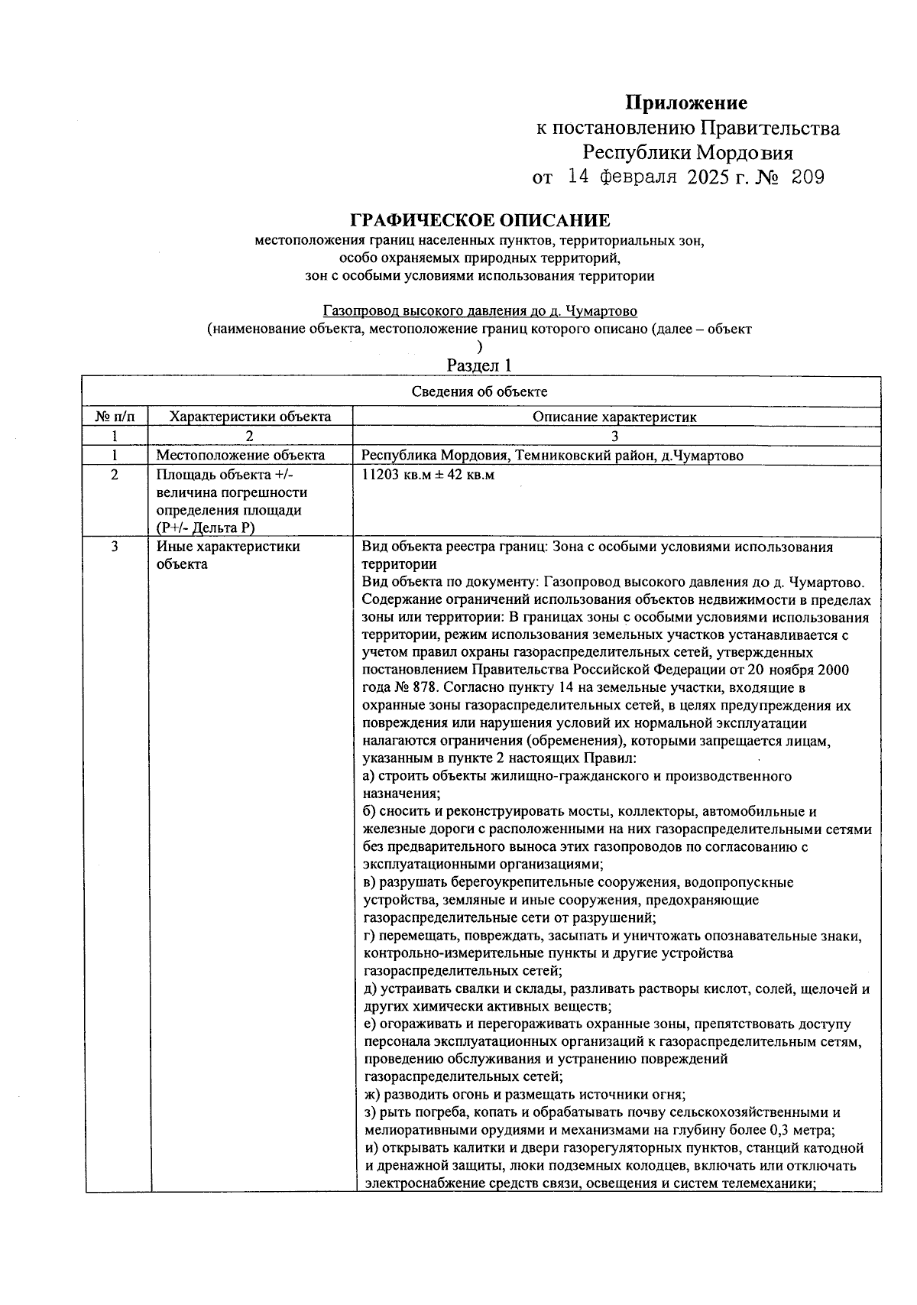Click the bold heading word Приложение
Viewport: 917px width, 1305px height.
click(x=686, y=102)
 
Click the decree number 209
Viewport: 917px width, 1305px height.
click(x=803, y=178)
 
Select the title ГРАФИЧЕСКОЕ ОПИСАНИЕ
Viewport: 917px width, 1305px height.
click(x=480, y=221)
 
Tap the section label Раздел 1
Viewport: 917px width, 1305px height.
click(x=479, y=365)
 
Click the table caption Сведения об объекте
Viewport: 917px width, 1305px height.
click(x=480, y=392)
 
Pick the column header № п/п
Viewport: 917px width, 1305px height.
click(x=115, y=417)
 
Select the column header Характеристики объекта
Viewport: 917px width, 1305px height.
click(x=250, y=417)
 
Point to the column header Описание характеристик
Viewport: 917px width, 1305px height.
click(x=614, y=417)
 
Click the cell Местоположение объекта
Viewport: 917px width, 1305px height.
click(x=241, y=456)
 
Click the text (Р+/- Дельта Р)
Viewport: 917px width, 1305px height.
click(x=206, y=528)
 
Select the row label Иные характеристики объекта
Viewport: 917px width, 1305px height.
click(x=228, y=556)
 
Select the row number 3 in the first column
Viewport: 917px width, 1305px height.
click(x=115, y=547)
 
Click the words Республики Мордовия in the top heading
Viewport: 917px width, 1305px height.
click(x=687, y=152)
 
